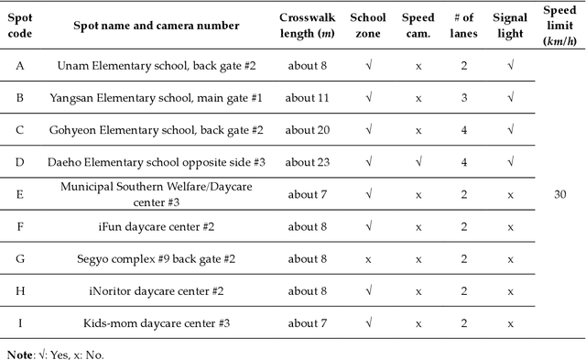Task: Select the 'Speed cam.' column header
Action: (x=418, y=26)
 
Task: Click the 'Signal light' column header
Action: (x=509, y=26)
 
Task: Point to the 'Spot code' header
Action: (x=20, y=26)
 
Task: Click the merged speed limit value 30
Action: (x=559, y=193)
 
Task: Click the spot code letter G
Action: (x=20, y=259)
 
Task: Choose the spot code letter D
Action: (x=20, y=162)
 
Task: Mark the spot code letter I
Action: (x=20, y=323)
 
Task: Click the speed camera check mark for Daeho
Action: (x=418, y=162)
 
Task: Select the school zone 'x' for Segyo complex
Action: (x=369, y=259)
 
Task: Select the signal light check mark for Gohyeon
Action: (x=509, y=130)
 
